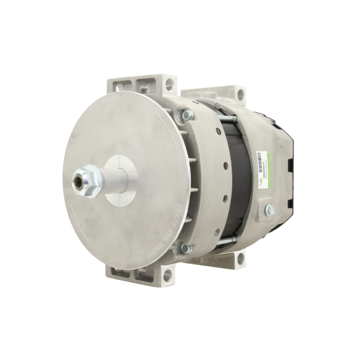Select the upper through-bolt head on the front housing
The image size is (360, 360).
[188, 115]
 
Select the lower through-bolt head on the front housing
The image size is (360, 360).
[187, 248]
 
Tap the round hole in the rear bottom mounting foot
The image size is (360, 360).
[240, 258]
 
